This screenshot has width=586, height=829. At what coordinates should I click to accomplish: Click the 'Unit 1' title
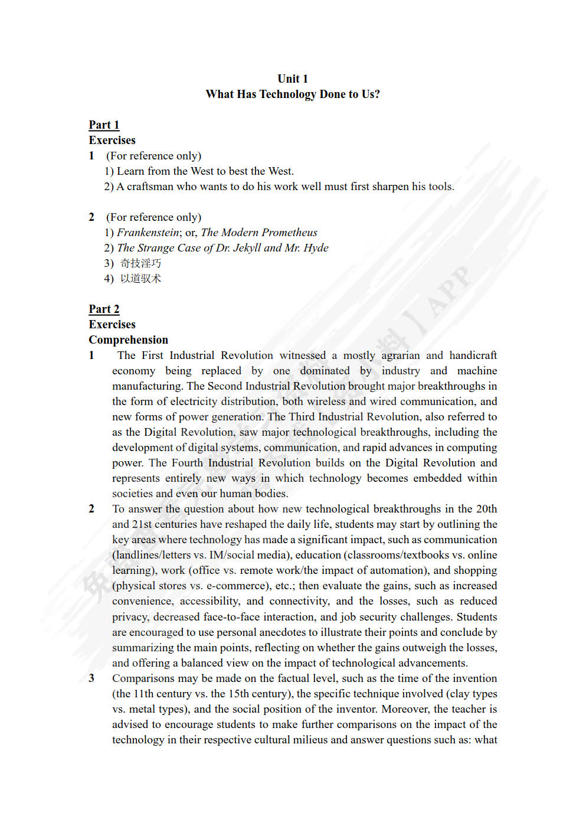coord(293,79)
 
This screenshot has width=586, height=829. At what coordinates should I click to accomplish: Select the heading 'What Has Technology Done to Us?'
coord(293,94)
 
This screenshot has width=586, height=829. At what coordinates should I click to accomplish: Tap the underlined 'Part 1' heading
coord(104,125)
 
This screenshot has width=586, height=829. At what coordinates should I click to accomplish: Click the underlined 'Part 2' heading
coord(104,309)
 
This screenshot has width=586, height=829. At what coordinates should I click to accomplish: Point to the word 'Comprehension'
coord(128,340)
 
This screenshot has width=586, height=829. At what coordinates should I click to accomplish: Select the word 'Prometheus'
coord(289,232)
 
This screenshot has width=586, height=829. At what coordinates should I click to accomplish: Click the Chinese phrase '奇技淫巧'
coord(140,263)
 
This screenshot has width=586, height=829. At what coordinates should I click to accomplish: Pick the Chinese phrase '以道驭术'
coord(140,278)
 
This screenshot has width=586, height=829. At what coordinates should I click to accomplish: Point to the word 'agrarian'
coord(401,355)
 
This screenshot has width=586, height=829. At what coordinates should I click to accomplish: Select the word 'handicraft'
coord(473,355)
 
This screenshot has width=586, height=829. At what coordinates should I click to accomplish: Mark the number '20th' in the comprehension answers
coord(486,508)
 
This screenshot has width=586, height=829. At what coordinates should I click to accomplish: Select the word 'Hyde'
coord(316,247)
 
